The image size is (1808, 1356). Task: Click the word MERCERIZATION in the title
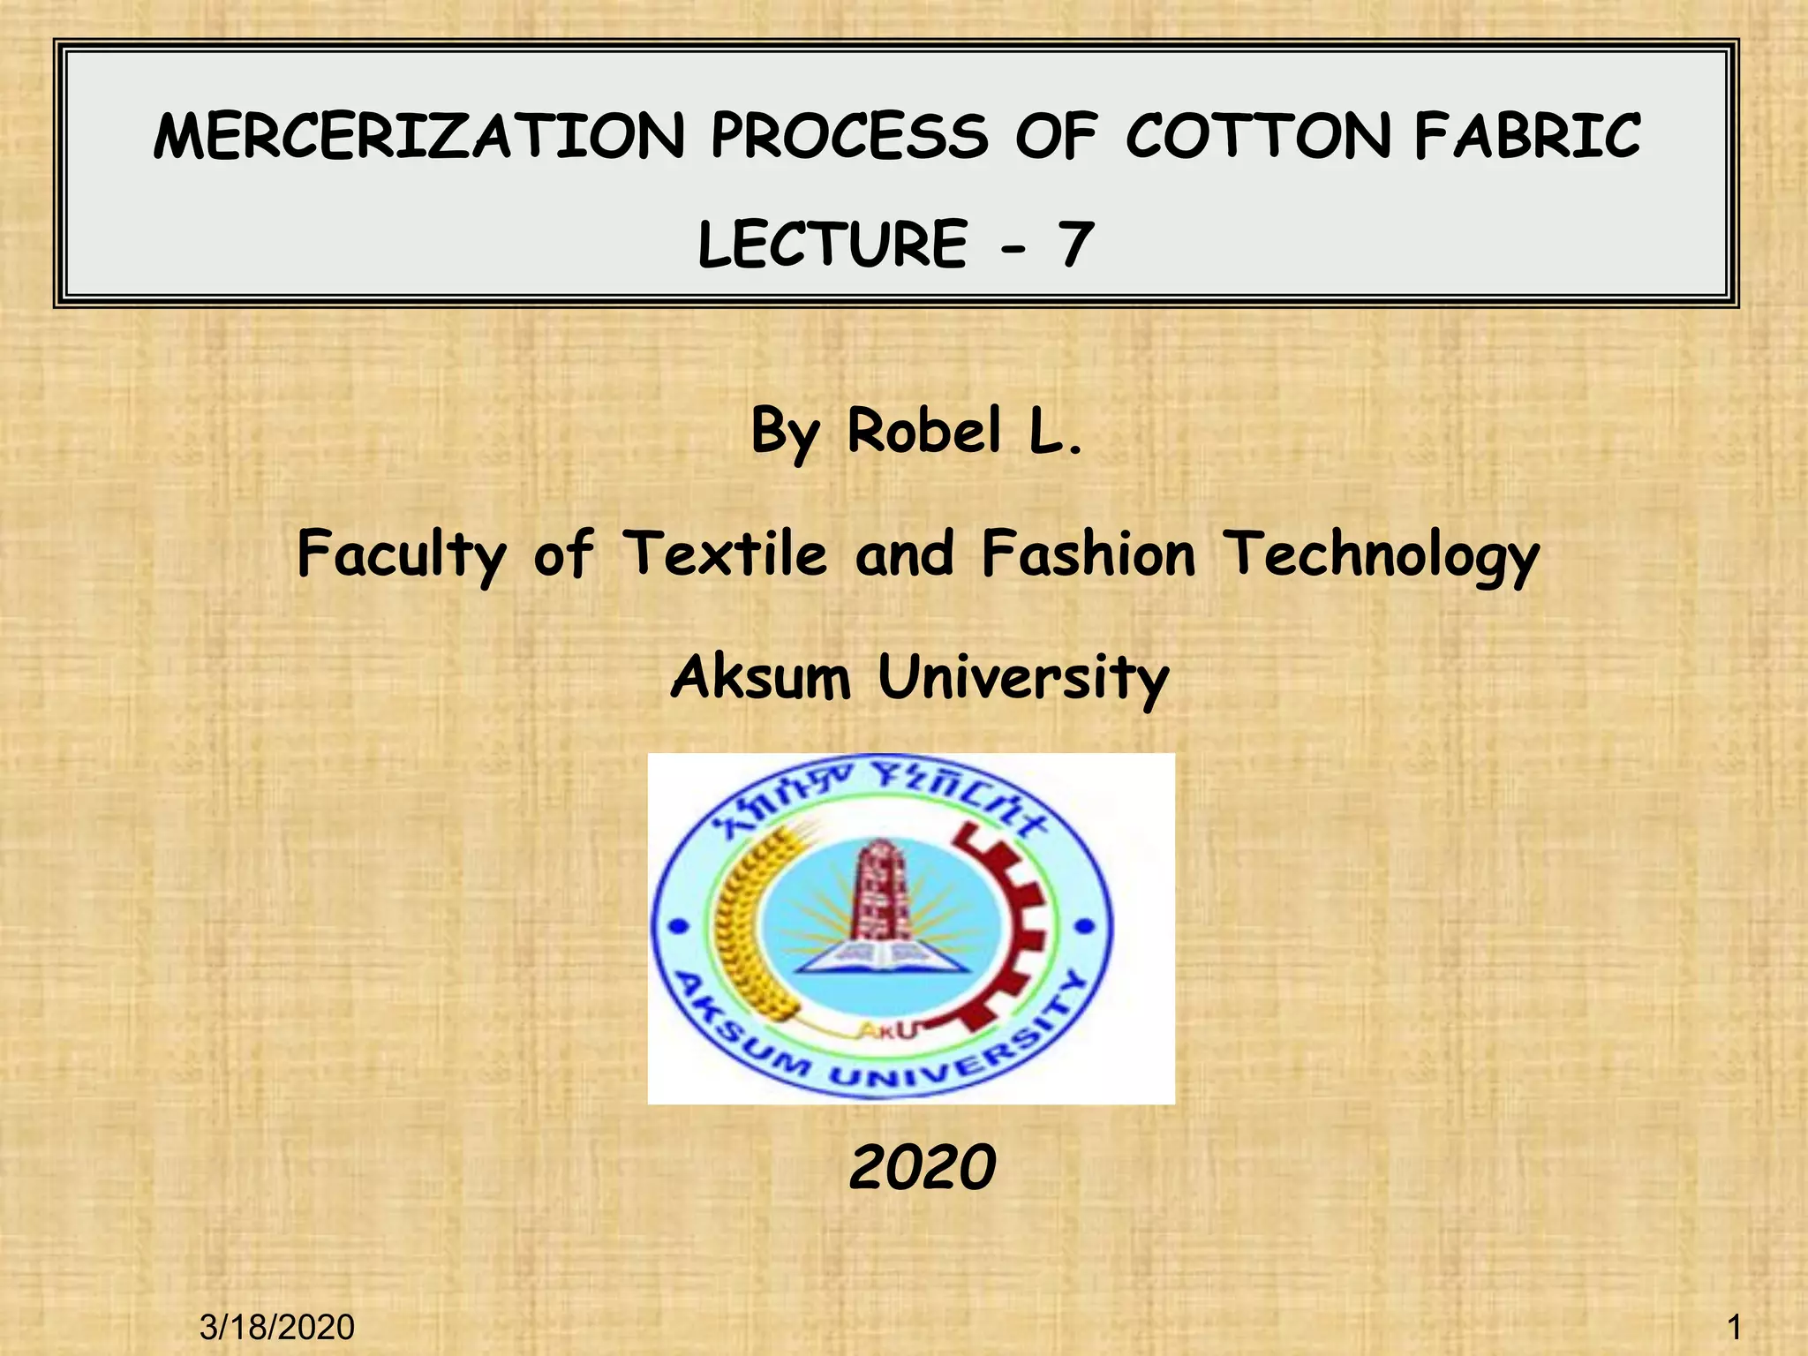pos(418,138)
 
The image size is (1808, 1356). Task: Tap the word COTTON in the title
pos(1257,138)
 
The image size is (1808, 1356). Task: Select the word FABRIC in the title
pos(1527,138)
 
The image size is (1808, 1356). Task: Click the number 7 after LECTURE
pos(1074,245)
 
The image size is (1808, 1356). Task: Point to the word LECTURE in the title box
pos(832,245)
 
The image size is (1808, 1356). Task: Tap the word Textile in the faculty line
pos(726,554)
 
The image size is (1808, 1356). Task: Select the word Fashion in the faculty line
pos(1089,554)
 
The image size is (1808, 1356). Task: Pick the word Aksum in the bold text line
pos(761,678)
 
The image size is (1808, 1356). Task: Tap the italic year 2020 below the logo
pos(923,1167)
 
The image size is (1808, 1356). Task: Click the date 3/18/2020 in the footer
pos(277,1327)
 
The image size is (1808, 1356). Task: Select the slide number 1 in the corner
pos(1734,1327)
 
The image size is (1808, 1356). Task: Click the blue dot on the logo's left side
pos(678,926)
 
